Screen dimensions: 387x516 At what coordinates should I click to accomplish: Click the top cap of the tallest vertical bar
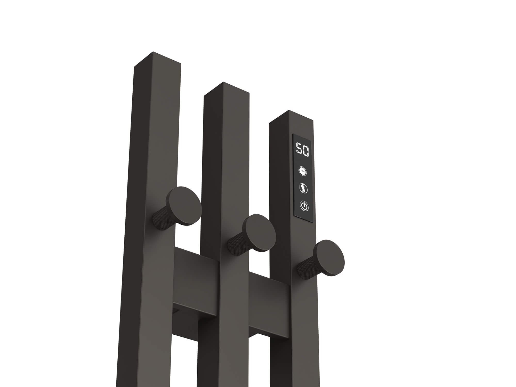157,59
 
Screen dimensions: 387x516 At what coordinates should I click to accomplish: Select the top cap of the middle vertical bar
227,88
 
